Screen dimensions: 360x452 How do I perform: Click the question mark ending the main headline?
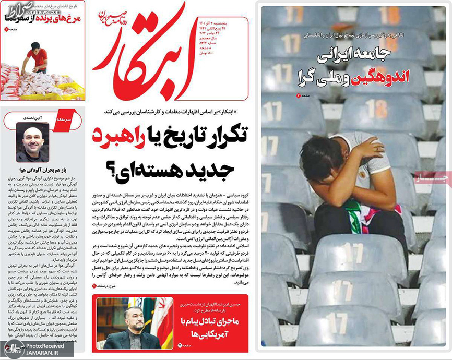tap(113, 169)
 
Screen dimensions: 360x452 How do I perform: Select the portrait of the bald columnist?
tap(32, 141)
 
